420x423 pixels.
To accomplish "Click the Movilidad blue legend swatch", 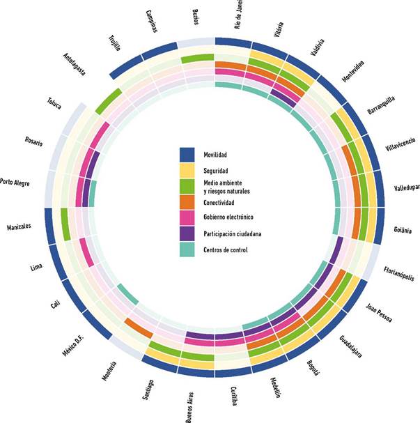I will pos(187,154).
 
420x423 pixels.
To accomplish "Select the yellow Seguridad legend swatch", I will pos(187,170).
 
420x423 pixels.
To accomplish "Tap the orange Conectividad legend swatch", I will pos(187,202).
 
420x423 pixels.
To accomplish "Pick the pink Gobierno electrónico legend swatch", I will pos(187,217).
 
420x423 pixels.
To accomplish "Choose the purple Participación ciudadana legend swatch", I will pos(187,233).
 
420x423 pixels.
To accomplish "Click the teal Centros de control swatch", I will pos(187,249).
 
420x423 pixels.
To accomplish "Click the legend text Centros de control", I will pos(227,249).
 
